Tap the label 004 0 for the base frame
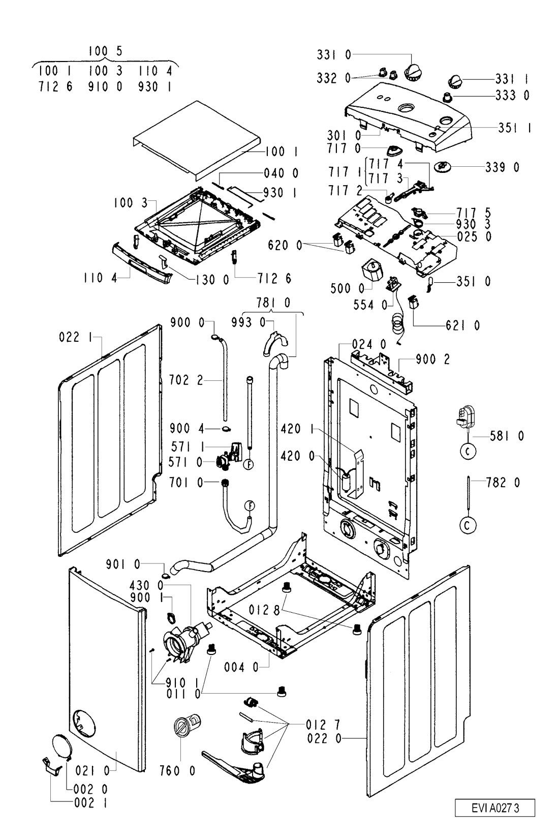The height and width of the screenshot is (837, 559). click(x=241, y=666)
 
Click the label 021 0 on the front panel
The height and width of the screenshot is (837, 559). click(x=92, y=771)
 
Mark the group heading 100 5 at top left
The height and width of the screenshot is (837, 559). click(x=106, y=51)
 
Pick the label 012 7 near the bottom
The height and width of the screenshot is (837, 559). click(x=323, y=724)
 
